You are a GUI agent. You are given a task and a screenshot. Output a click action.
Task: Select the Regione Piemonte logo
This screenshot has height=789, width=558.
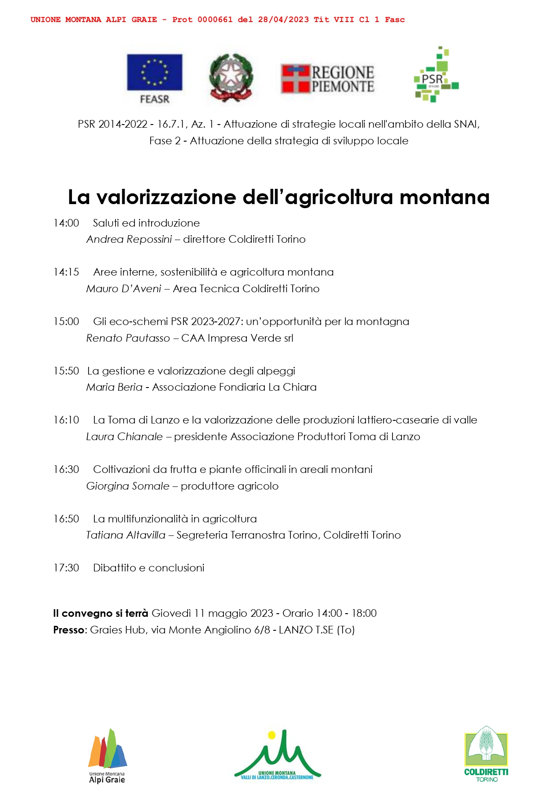(x=328, y=79)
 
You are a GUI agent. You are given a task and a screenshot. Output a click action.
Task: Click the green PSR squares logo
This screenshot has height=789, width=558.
(x=436, y=75)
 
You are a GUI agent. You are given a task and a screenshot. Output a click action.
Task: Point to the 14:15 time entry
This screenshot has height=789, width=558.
(x=66, y=272)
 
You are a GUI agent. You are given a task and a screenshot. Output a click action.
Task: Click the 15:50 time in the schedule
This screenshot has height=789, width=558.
(x=66, y=371)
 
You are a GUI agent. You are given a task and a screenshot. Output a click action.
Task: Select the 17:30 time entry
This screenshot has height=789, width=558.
(x=66, y=568)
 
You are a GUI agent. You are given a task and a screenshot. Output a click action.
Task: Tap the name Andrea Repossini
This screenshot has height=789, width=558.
(x=129, y=239)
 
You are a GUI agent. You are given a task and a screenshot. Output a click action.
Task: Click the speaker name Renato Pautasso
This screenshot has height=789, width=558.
(x=128, y=338)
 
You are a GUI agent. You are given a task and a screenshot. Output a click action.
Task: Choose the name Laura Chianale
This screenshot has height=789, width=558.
(x=125, y=437)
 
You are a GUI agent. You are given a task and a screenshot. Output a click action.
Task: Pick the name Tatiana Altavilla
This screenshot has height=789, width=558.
(x=126, y=535)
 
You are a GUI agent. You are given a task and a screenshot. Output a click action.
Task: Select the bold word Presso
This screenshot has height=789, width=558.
(x=69, y=630)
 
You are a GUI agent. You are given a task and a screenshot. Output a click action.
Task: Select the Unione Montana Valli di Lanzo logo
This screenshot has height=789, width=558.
(x=277, y=756)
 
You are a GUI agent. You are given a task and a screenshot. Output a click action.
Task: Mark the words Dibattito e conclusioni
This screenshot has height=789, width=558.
(x=148, y=568)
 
